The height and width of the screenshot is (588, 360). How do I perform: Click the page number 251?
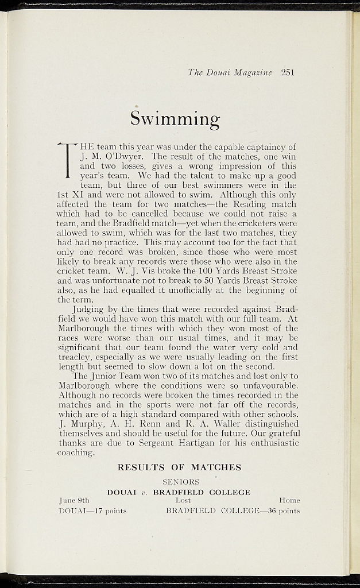pyautogui.click(x=288, y=72)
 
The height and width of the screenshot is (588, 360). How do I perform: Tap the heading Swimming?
pyautogui.click(x=175, y=118)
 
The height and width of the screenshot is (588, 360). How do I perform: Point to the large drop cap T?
pyautogui.click(x=69, y=160)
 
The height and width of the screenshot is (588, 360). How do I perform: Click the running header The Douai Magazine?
pyautogui.click(x=230, y=72)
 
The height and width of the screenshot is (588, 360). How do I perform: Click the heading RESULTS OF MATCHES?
pyautogui.click(x=179, y=467)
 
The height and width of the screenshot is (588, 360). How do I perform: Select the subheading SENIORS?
pyautogui.click(x=181, y=482)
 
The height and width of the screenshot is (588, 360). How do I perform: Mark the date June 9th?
pyautogui.click(x=74, y=501)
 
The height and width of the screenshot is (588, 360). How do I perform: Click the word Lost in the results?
pyautogui.click(x=183, y=501)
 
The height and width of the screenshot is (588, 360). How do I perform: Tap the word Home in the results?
pyautogui.click(x=289, y=501)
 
